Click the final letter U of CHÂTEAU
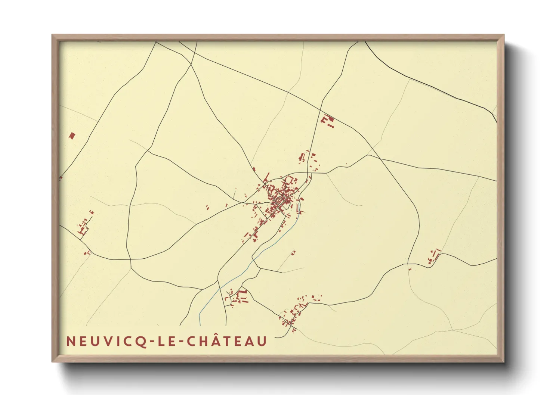263,341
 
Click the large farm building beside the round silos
324,120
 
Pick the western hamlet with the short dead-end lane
83,227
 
